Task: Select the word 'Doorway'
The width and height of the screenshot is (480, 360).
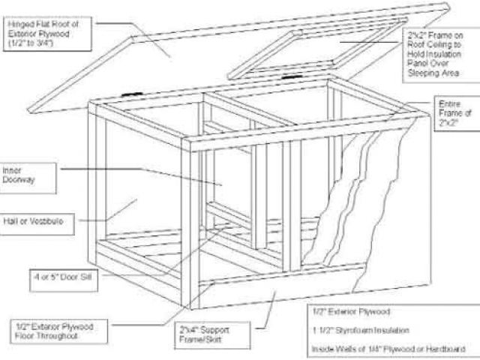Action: click(22, 181)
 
